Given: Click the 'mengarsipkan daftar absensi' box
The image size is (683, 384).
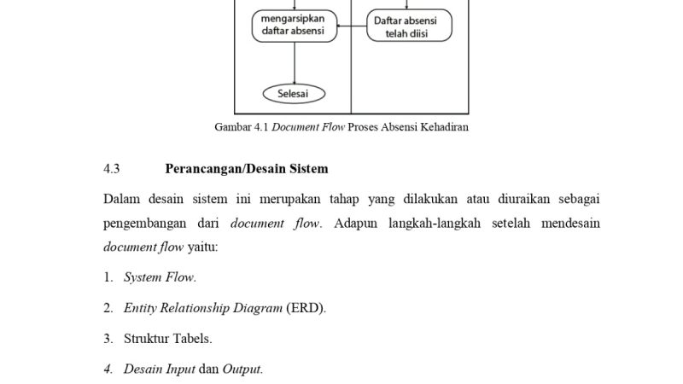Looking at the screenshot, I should [x=294, y=26].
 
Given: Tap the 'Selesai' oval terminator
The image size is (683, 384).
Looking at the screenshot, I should [x=294, y=93].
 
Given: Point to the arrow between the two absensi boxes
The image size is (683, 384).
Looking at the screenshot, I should [x=352, y=26].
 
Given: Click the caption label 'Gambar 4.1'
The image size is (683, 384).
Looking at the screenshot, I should [x=240, y=128].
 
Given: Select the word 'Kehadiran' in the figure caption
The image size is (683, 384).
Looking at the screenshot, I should [x=443, y=128].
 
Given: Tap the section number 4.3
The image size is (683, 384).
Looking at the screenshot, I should [x=112, y=169].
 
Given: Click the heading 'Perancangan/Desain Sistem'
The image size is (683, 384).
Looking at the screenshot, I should [x=247, y=169].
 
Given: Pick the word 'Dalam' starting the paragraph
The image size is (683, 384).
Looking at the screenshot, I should [x=121, y=200].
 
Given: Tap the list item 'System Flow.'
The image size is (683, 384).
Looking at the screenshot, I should [x=160, y=277].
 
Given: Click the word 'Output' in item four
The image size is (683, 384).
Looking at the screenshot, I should [x=242, y=369].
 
